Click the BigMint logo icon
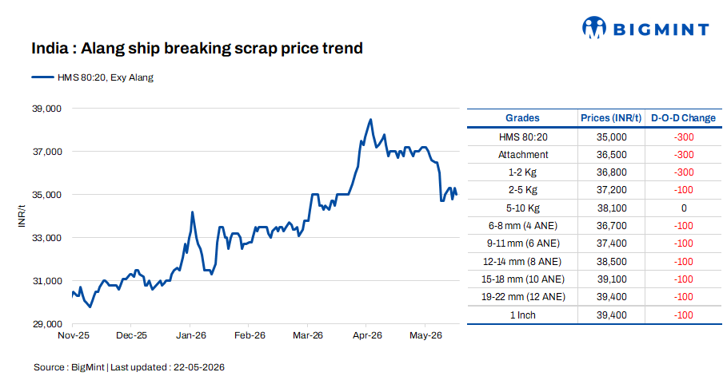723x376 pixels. [x=594, y=28]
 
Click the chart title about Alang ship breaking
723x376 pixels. [x=197, y=49]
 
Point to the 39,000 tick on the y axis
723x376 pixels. [x=46, y=109]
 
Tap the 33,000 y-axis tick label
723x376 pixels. [x=46, y=238]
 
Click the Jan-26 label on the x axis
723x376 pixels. [x=191, y=335]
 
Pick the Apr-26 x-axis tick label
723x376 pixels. [x=367, y=335]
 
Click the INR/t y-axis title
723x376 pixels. [x=22, y=216]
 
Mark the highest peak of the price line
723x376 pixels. [x=371, y=120]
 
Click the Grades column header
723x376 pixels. [x=522, y=118]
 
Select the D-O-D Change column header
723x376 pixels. [x=683, y=118]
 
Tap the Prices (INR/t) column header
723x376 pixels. [x=611, y=118]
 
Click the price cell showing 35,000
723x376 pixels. [x=611, y=137]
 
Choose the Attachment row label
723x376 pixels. [x=523, y=155]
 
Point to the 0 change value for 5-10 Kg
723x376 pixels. [x=684, y=208]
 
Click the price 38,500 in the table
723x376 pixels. [x=611, y=261]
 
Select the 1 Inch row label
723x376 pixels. [x=523, y=315]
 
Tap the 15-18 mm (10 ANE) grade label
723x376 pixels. [x=523, y=279]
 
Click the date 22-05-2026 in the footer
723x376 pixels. [x=199, y=367]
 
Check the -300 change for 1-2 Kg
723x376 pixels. [x=684, y=172]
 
